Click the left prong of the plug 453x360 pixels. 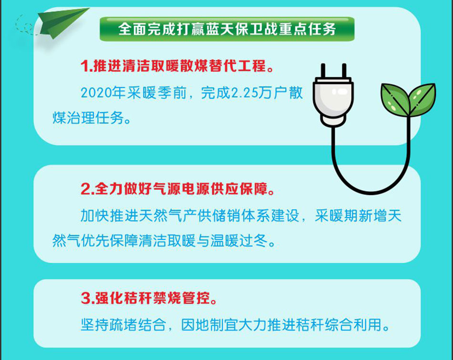pyautogui.click(x=323, y=71)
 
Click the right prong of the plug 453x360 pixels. pyautogui.click(x=344, y=71)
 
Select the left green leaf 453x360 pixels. pyautogui.click(x=395, y=99)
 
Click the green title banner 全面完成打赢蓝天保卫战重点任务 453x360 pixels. pyautogui.click(x=227, y=29)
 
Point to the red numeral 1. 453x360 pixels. pyautogui.click(x=84, y=66)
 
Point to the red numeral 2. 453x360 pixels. pyautogui.click(x=86, y=189)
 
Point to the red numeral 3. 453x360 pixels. pyautogui.click(x=86, y=298)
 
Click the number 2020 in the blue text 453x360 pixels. pyautogui.click(x=96, y=93)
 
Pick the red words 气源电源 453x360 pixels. pyautogui.click(x=181, y=189)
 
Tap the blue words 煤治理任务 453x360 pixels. pyautogui.click(x=88, y=118)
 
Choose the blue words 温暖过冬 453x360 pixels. pyautogui.click(x=239, y=241)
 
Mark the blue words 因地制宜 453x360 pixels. pyautogui.click(x=210, y=325)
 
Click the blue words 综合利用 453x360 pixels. pyautogui.click(x=353, y=325)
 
